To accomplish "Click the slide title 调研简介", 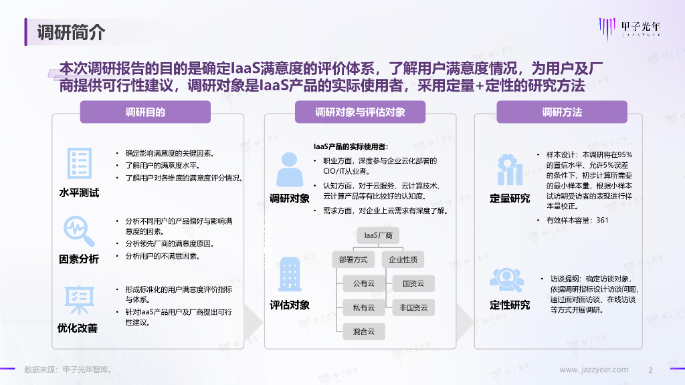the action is [x=71, y=31].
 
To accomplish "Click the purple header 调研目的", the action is [x=145, y=112].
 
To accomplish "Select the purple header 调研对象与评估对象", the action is [x=360, y=112].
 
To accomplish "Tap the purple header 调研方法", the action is [x=562, y=112].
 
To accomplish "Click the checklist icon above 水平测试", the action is [x=79, y=164].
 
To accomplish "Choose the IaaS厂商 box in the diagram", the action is [x=378, y=235].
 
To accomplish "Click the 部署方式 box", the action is [x=353, y=259].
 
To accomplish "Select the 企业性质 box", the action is [x=403, y=259].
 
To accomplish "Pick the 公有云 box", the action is [x=364, y=283].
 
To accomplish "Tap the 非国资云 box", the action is [x=413, y=307].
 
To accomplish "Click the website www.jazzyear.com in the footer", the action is [x=593, y=370].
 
